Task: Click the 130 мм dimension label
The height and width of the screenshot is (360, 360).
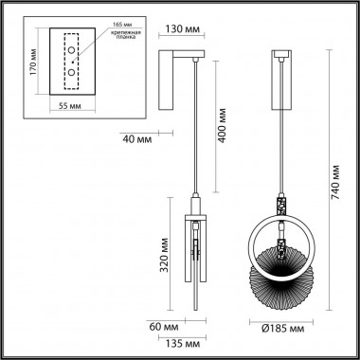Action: point(182,28)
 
